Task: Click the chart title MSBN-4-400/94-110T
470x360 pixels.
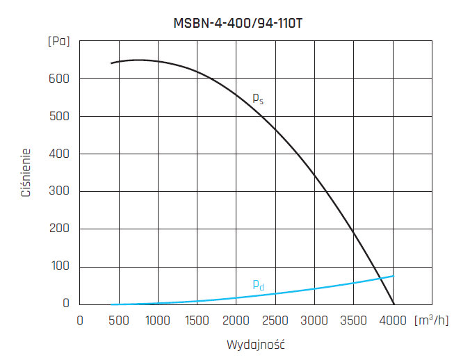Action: point(237,22)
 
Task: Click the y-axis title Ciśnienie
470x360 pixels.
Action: point(26,172)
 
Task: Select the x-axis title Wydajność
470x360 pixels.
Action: point(256,344)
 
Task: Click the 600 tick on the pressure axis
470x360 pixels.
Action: point(59,79)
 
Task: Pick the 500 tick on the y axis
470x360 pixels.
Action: point(59,116)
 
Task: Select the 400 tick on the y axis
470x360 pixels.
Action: point(59,154)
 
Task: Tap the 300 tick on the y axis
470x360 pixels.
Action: point(59,191)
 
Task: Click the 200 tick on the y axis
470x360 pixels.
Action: point(59,229)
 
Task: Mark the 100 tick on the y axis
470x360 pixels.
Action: point(59,267)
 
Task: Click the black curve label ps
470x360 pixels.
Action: point(257,99)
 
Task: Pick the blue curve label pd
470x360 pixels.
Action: point(258,284)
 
